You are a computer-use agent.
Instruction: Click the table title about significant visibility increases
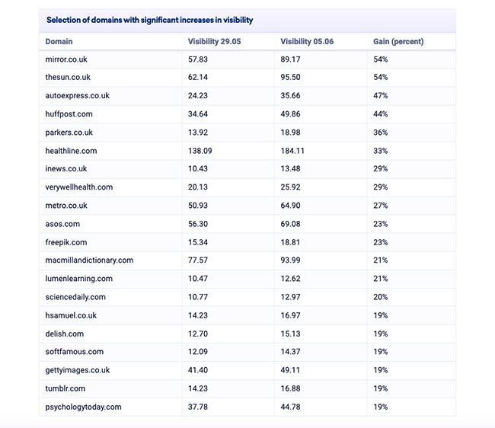coord(149,20)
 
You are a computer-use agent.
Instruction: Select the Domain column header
coord(59,42)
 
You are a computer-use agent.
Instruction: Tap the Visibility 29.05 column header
coord(214,42)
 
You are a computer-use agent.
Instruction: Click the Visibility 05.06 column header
coord(307,42)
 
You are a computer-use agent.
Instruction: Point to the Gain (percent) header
coord(398,42)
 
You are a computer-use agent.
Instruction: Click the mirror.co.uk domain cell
coord(66,59)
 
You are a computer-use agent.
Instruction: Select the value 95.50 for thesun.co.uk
coord(290,78)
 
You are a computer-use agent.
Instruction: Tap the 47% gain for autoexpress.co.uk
coord(381,96)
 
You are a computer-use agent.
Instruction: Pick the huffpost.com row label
coord(69,114)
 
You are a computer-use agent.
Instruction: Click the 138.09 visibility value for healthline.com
coord(200,151)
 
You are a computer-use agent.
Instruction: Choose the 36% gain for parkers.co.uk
coord(381,133)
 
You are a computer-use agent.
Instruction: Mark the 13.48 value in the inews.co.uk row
coord(290,169)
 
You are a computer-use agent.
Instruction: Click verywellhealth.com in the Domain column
coord(79,187)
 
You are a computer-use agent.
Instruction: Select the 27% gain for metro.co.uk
coord(381,206)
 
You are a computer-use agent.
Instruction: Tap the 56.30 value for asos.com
coord(198,224)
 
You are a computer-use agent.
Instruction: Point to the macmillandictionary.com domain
coord(89,260)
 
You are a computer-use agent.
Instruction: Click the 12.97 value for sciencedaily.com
coord(290,297)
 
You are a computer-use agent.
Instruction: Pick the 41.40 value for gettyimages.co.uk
coord(198,370)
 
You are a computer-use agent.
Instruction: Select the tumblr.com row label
coord(65,388)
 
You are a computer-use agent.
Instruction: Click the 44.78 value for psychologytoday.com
coord(290,407)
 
